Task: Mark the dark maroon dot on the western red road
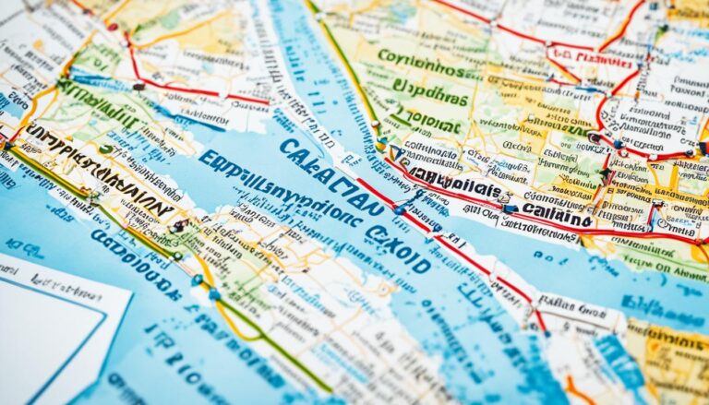(138, 86)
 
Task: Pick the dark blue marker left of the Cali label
(511, 208)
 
